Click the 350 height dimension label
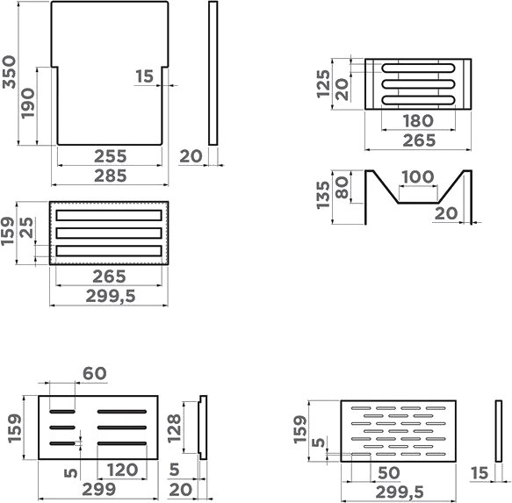tap(9, 72)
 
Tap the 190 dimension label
tap(28, 104)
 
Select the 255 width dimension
tap(110, 156)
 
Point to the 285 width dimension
tap(110, 176)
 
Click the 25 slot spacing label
tap(26, 228)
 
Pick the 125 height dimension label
tap(323, 84)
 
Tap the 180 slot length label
tap(418, 121)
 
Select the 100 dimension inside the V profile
tap(418, 177)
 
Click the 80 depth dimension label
tap(342, 187)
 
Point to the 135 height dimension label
tap(323, 195)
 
